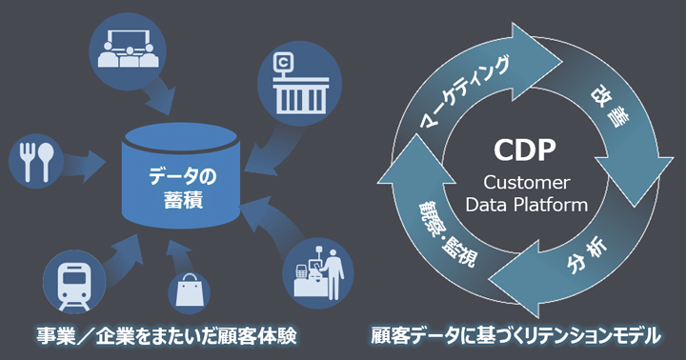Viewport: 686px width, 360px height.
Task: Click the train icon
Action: point(74,282)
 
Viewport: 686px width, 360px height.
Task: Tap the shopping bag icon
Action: point(189,290)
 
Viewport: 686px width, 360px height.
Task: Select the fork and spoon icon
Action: point(36,162)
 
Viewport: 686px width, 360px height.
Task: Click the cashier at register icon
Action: point(318,273)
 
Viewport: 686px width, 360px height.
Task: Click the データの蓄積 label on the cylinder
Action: point(182,188)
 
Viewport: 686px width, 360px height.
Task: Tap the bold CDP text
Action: point(525,150)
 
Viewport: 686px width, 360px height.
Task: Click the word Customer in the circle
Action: point(526,183)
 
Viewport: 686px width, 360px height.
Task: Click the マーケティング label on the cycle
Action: point(465,92)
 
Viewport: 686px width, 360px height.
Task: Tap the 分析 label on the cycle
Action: point(587,255)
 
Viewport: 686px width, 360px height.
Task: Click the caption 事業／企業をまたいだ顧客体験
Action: point(166,336)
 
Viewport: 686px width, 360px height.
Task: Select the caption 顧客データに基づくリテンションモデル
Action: point(515,336)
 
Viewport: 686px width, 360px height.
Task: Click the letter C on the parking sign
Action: point(284,63)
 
